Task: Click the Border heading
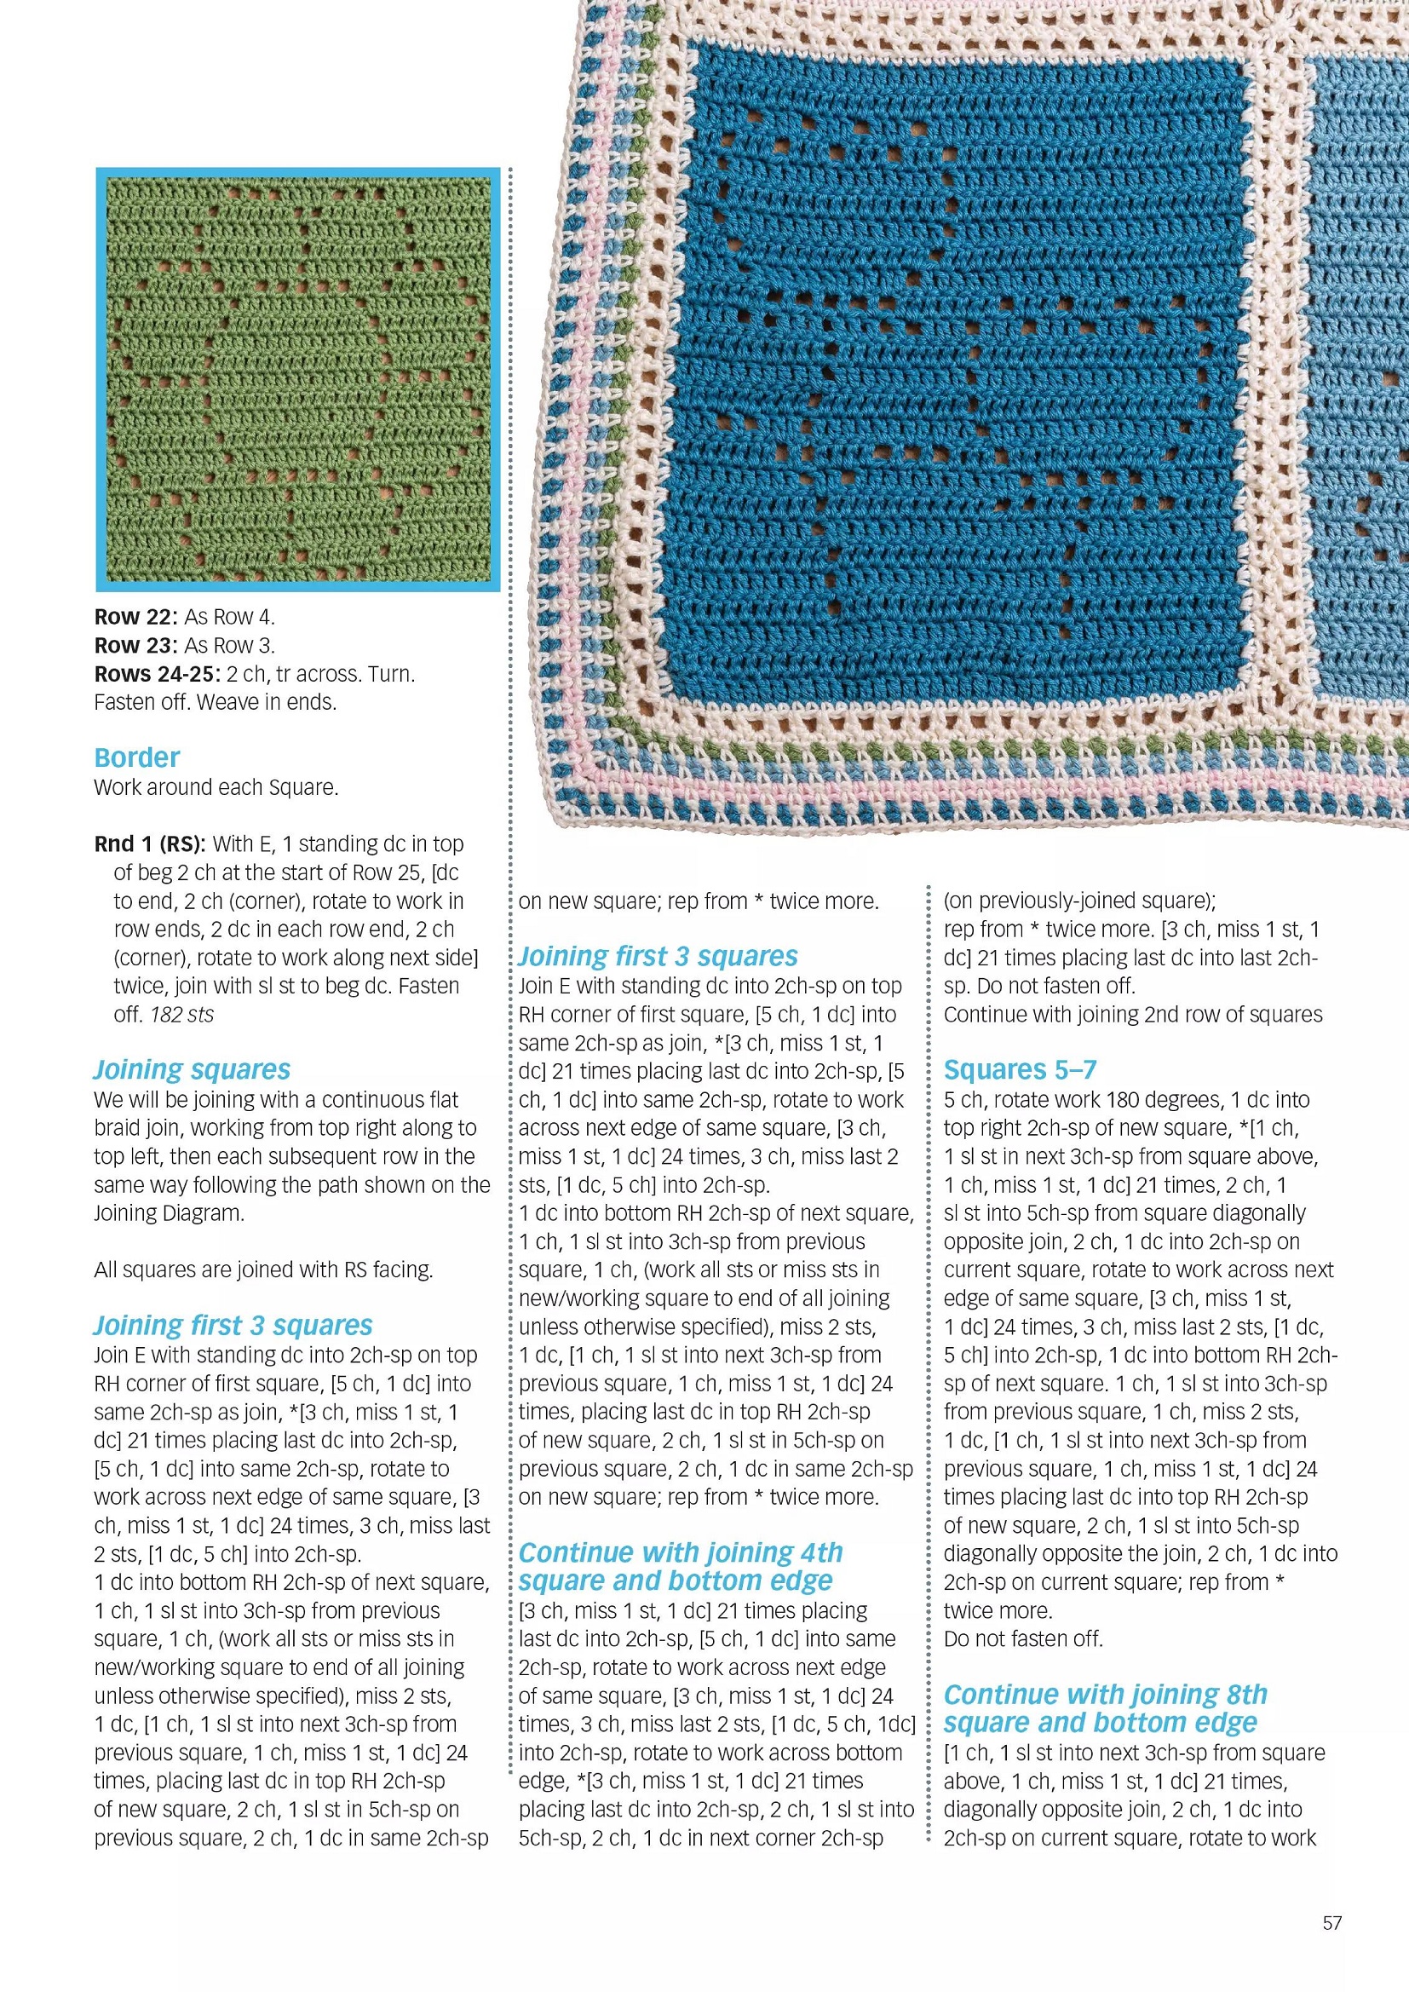(x=136, y=757)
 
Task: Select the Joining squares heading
(x=192, y=1070)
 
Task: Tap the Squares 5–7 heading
(x=1020, y=1070)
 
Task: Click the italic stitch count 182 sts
(x=182, y=1014)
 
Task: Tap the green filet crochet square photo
(x=297, y=379)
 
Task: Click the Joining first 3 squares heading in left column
(x=233, y=1325)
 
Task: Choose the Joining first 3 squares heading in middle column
(x=658, y=956)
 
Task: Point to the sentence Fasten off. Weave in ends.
(x=216, y=702)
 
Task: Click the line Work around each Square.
(x=216, y=787)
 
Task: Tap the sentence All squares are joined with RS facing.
(x=263, y=1269)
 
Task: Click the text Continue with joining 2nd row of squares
(x=1133, y=1014)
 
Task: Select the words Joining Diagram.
(x=170, y=1213)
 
